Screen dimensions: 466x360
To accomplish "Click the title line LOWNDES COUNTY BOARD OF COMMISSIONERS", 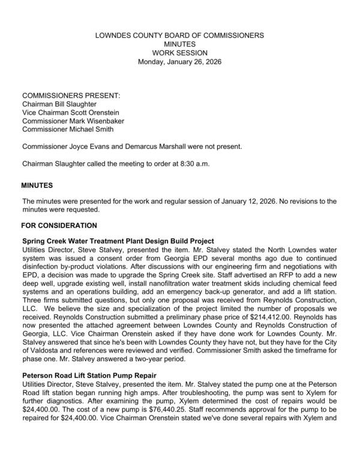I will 180,35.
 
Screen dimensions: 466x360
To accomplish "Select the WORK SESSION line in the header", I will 180,53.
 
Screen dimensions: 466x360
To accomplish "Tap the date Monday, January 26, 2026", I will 180,61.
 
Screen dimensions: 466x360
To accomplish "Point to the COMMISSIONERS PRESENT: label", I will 71,95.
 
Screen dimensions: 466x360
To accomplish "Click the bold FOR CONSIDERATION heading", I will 59,226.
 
